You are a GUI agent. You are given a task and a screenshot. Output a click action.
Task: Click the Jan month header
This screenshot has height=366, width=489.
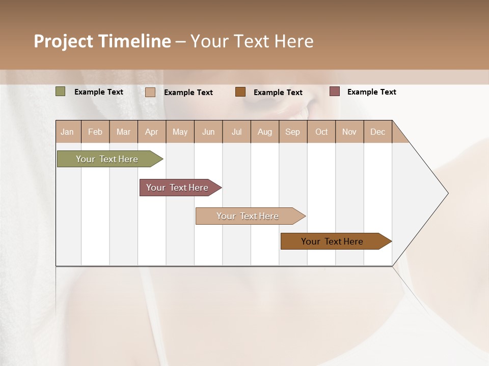pyautogui.click(x=67, y=132)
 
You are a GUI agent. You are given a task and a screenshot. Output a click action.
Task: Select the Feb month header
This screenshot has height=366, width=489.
pyautogui.click(x=95, y=132)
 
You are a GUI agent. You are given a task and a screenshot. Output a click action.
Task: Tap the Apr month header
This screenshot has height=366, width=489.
pyautogui.click(x=151, y=132)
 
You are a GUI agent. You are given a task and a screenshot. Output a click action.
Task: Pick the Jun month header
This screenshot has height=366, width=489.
pyautogui.click(x=208, y=132)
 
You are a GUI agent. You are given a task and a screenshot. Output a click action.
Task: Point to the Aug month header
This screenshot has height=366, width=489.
pyautogui.click(x=264, y=132)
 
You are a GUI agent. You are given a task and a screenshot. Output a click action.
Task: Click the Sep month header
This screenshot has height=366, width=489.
pyautogui.click(x=292, y=132)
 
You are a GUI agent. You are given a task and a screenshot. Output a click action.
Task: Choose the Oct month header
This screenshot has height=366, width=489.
pyautogui.click(x=321, y=132)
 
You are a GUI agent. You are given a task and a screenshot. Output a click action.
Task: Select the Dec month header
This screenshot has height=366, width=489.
pyautogui.click(x=377, y=132)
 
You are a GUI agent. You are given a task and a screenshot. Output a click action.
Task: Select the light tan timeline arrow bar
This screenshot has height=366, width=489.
pyautogui.click(x=248, y=216)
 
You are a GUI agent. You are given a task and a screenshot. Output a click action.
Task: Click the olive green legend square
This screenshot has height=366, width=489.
pyautogui.click(x=61, y=91)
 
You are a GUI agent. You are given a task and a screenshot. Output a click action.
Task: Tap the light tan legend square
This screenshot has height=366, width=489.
pyautogui.click(x=150, y=92)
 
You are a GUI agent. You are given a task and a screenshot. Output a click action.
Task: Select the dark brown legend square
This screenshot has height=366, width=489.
pyautogui.click(x=240, y=91)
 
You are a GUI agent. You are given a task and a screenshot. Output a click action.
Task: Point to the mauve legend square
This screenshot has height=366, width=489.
pyautogui.click(x=335, y=91)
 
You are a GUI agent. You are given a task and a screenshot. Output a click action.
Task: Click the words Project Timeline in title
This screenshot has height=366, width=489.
pyautogui.click(x=102, y=41)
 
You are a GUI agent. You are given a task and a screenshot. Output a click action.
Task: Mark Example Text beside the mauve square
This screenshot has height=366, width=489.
pyautogui.click(x=371, y=92)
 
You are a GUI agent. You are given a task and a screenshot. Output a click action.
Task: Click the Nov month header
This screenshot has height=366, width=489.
pyautogui.click(x=349, y=132)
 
